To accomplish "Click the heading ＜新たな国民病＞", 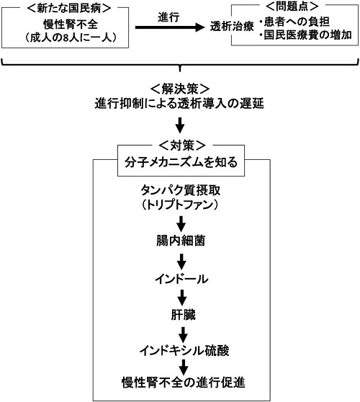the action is (69, 8).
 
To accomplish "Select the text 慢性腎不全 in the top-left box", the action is (71, 24).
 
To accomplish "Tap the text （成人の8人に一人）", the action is (71, 37).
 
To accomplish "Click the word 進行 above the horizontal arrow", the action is (168, 17).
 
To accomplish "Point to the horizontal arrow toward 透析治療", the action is (170, 27).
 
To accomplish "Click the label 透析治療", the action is (232, 26).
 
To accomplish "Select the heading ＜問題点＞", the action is (292, 6).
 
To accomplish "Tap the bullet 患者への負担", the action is (297, 22).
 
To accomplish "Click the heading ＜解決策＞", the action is (180, 89).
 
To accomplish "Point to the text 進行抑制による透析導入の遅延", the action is (179, 104).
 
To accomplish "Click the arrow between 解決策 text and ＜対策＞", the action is (180, 125).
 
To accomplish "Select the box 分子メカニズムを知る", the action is (181, 161).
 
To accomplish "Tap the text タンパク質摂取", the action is (181, 190).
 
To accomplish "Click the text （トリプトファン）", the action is (179, 205).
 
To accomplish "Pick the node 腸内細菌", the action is (181, 241).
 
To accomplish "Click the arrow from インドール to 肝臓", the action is (182, 298).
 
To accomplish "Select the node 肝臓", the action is (183, 315).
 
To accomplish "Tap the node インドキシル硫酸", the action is (184, 350).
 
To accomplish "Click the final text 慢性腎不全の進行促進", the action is (183, 383).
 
